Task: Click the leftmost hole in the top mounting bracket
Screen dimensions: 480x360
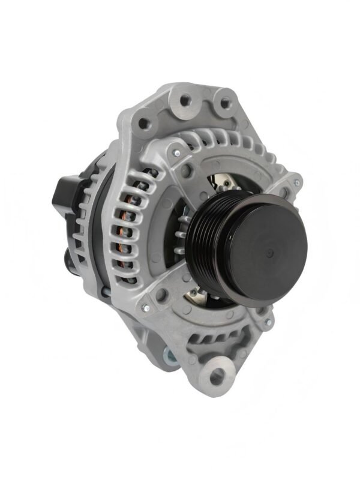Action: (144, 125)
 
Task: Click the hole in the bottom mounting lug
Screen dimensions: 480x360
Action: (217, 376)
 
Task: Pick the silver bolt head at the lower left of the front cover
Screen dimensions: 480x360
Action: (143, 310)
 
